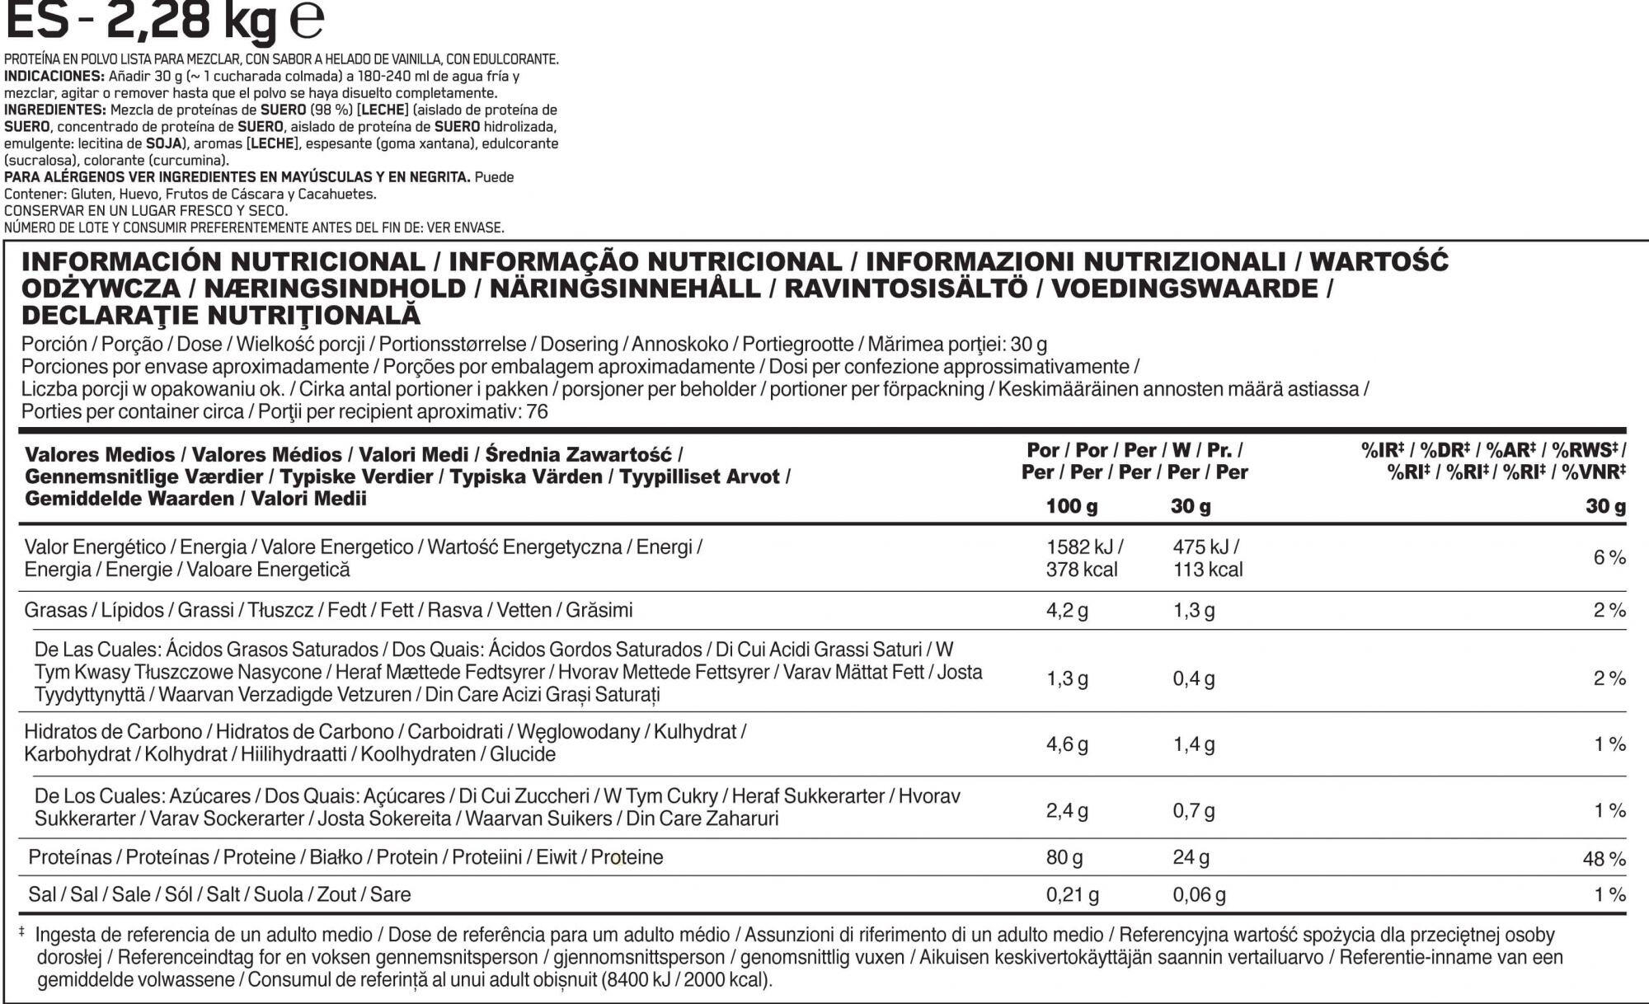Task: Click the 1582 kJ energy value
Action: click(x=1084, y=547)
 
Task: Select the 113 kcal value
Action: click(x=1208, y=570)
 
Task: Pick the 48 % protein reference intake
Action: click(x=1604, y=859)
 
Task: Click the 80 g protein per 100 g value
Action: click(x=1064, y=857)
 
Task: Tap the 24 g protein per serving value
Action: click(x=1191, y=857)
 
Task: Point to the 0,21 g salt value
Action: click(x=1072, y=894)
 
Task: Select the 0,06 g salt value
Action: click(x=1199, y=894)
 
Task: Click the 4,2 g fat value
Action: click(x=1067, y=611)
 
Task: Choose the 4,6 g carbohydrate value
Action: click(x=1067, y=744)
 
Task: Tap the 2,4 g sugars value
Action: click(x=1067, y=810)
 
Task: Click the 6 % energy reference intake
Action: click(x=1609, y=558)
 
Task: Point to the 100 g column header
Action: click(x=1071, y=506)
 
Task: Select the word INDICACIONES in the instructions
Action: click(x=54, y=77)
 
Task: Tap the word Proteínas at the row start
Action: click(x=69, y=857)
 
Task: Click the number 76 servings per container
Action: click(x=537, y=412)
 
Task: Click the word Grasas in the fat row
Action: click(x=55, y=611)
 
